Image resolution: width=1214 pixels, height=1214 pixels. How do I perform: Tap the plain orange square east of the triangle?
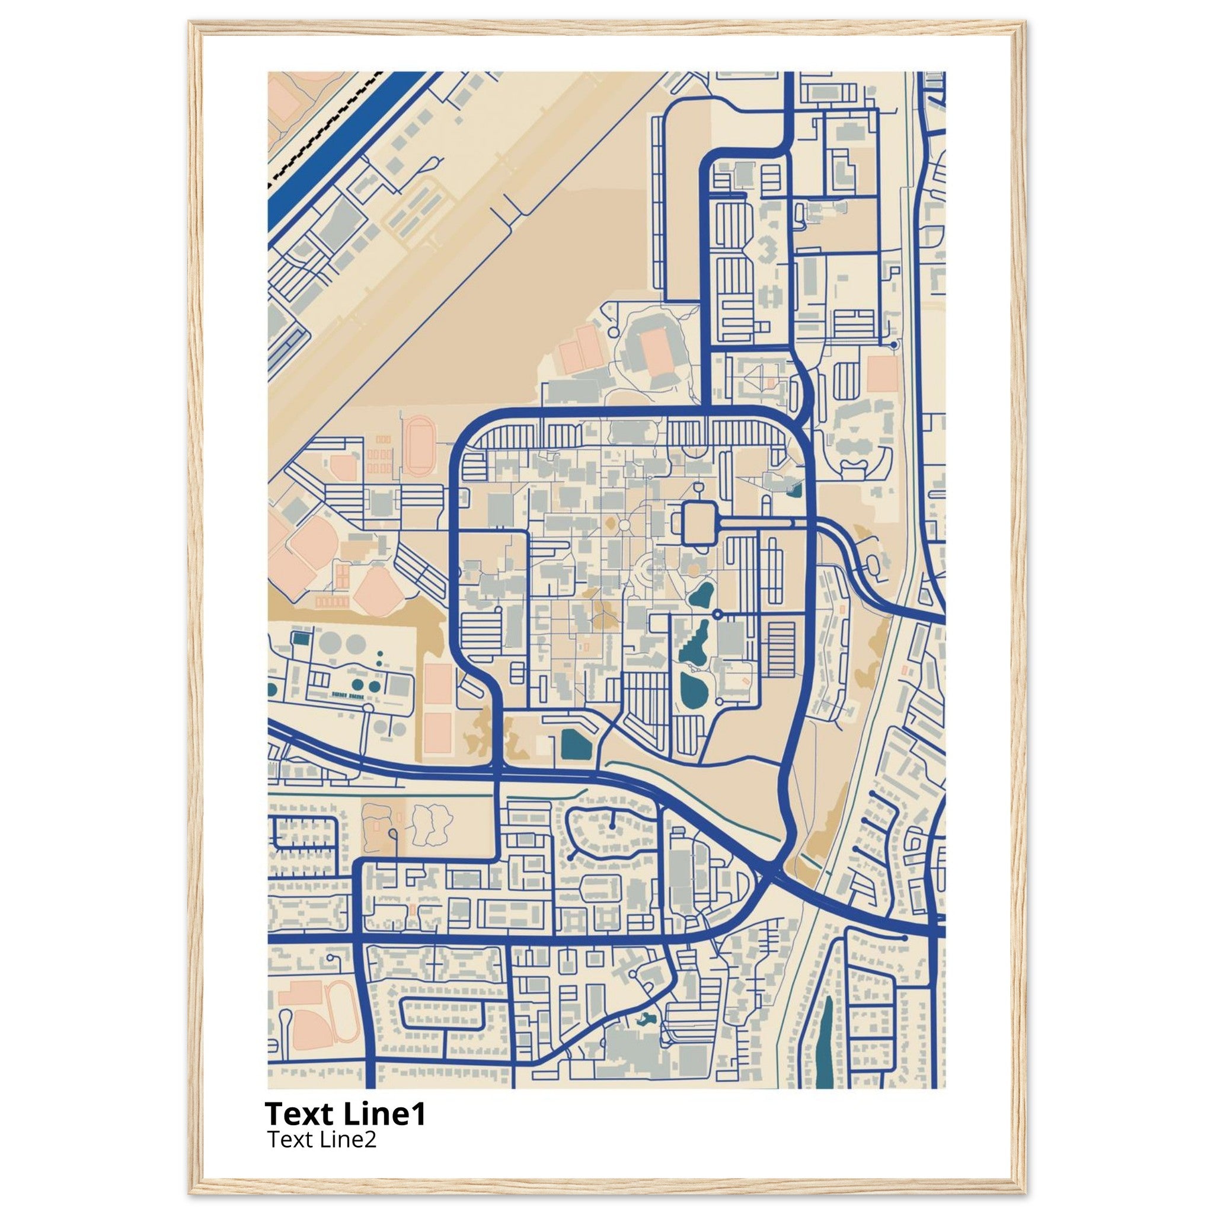point(881,374)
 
